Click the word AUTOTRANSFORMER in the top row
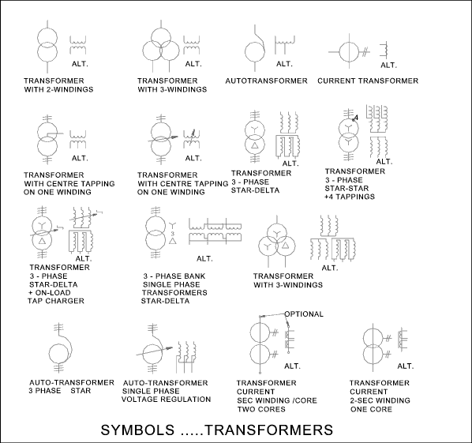pyautogui.click(x=267, y=81)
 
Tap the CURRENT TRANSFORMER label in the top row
pyautogui.click(x=368, y=81)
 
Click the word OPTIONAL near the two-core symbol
pyautogui.click(x=304, y=314)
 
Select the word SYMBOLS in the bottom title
pyautogui.click(x=137, y=430)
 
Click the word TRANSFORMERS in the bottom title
pyautogui.click(x=269, y=430)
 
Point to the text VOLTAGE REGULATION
pyautogui.click(x=167, y=400)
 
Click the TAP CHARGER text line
pyautogui.click(x=56, y=301)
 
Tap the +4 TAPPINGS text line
pyautogui.click(x=350, y=197)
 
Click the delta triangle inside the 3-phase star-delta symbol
pyautogui.click(x=255, y=145)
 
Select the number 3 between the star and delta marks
pyautogui.click(x=173, y=234)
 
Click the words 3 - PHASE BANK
pyautogui.click(x=174, y=276)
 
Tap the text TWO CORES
pyautogui.click(x=261, y=409)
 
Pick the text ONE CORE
pyautogui.click(x=371, y=409)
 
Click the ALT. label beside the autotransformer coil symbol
pyautogui.click(x=284, y=64)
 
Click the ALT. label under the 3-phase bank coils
pyautogui.click(x=204, y=259)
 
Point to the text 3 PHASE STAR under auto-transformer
pyautogui.click(x=60, y=391)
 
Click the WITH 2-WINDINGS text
pyautogui.click(x=58, y=89)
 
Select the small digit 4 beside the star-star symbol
pyautogui.click(x=357, y=118)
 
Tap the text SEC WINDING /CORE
pyautogui.click(x=277, y=400)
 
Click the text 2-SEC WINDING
pyautogui.click(x=380, y=400)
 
